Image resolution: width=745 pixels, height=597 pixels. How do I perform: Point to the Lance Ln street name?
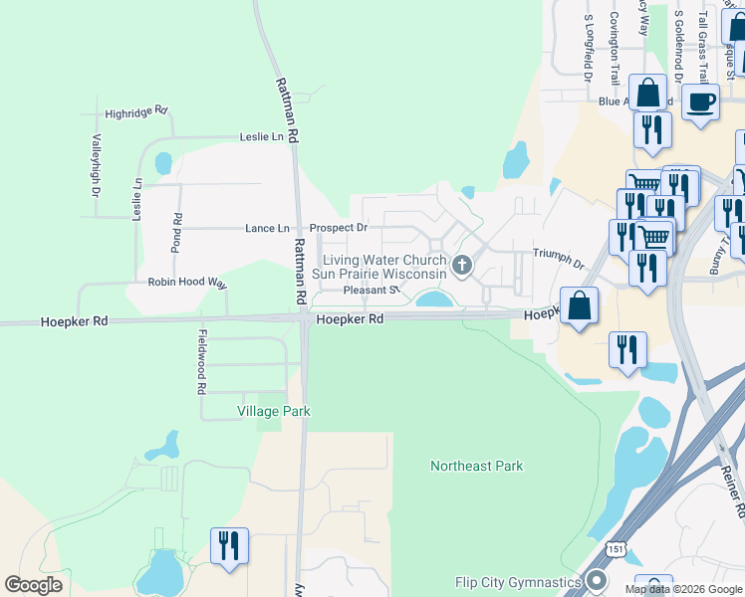[x=267, y=228]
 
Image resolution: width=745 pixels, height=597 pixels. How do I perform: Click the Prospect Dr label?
[x=339, y=228]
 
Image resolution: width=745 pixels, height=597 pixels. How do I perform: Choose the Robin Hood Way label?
[x=187, y=283]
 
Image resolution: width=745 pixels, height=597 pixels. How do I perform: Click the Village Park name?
[x=273, y=411]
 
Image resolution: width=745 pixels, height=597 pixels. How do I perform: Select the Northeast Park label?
[x=476, y=466]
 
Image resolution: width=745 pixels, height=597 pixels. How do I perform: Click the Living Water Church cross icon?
[x=461, y=265]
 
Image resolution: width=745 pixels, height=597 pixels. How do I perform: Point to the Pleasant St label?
[x=371, y=291]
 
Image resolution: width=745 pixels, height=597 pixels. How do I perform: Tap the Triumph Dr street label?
[x=558, y=260]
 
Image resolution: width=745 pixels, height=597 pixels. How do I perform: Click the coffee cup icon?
[x=700, y=101]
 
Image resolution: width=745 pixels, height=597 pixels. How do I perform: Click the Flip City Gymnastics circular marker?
[x=598, y=581]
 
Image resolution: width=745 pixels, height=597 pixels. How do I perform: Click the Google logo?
[x=34, y=584]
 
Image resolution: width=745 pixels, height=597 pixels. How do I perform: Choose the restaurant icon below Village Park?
[x=229, y=545]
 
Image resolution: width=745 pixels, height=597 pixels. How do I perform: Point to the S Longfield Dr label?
[x=589, y=47]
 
